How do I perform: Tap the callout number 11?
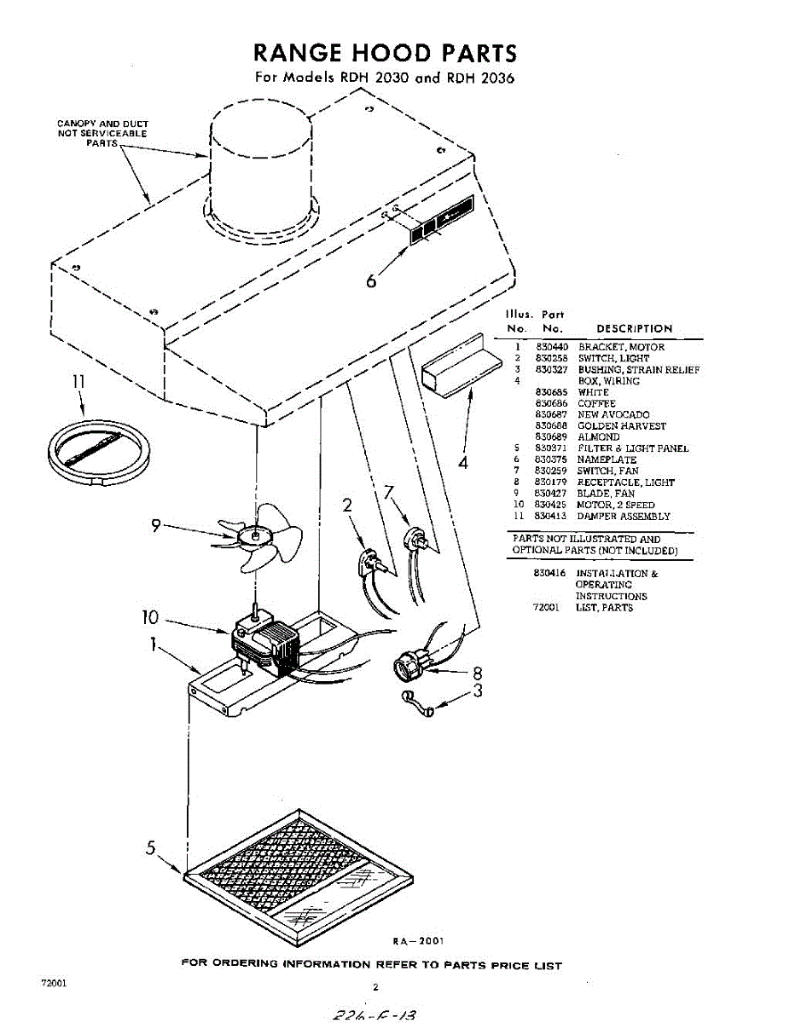78,382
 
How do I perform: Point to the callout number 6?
371,280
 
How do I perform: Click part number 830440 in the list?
552,347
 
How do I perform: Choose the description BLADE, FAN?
606,494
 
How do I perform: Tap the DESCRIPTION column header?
634,328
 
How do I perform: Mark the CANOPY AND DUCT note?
102,133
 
